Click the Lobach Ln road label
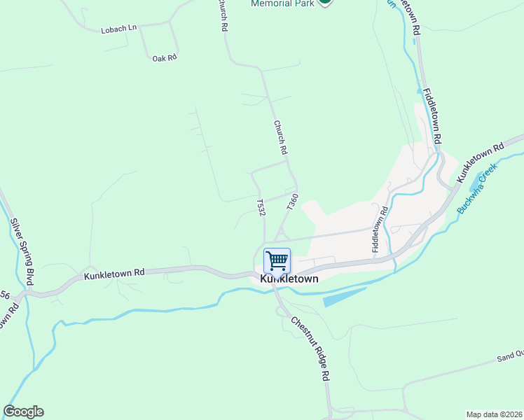click(118, 29)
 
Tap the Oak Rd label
click(164, 58)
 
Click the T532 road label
click(261, 207)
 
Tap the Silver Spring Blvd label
click(20, 253)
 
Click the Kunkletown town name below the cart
click(289, 279)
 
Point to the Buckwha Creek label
click(476, 188)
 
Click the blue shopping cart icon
click(277, 260)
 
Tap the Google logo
click(23, 412)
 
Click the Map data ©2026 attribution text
click(493, 414)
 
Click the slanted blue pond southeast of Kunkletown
click(344, 297)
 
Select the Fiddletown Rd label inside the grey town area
click(379, 230)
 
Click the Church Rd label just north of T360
click(281, 137)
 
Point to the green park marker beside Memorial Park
click(324, 2)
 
